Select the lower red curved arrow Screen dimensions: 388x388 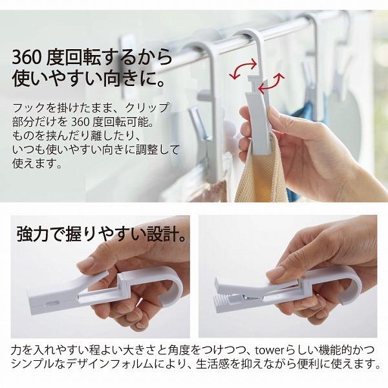click(x=272, y=84)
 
